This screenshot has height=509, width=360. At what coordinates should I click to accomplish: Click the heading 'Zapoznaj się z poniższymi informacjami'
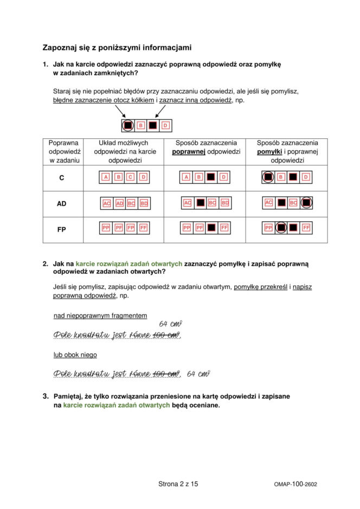coord(117,48)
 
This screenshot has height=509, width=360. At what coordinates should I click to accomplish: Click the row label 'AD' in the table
coord(61,204)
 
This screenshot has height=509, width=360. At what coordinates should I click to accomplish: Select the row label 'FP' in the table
coord(61,230)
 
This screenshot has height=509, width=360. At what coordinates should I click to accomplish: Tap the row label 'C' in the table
coord(61,177)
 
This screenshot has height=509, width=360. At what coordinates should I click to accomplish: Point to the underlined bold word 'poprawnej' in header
coord(188,152)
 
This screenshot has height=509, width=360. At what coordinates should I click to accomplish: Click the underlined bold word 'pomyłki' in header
coord(268,152)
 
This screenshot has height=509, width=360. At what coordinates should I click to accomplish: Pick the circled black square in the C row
coord(268,177)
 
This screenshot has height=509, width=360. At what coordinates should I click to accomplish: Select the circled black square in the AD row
coord(306,203)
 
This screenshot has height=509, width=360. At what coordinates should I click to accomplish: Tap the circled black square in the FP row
coord(281,228)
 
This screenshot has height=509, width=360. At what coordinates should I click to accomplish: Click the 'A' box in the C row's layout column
coord(105,177)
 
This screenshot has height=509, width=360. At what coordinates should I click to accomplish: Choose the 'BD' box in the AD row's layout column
coord(144,203)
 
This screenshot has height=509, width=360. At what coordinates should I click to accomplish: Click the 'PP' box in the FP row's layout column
coord(106,228)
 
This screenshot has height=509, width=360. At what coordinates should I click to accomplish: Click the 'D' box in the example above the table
coord(165,126)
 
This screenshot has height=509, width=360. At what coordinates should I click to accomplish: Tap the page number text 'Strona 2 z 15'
coord(178,484)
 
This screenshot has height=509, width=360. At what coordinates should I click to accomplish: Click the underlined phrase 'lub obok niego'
coord(75,355)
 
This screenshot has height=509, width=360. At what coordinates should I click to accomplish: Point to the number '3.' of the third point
coord(46,396)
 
